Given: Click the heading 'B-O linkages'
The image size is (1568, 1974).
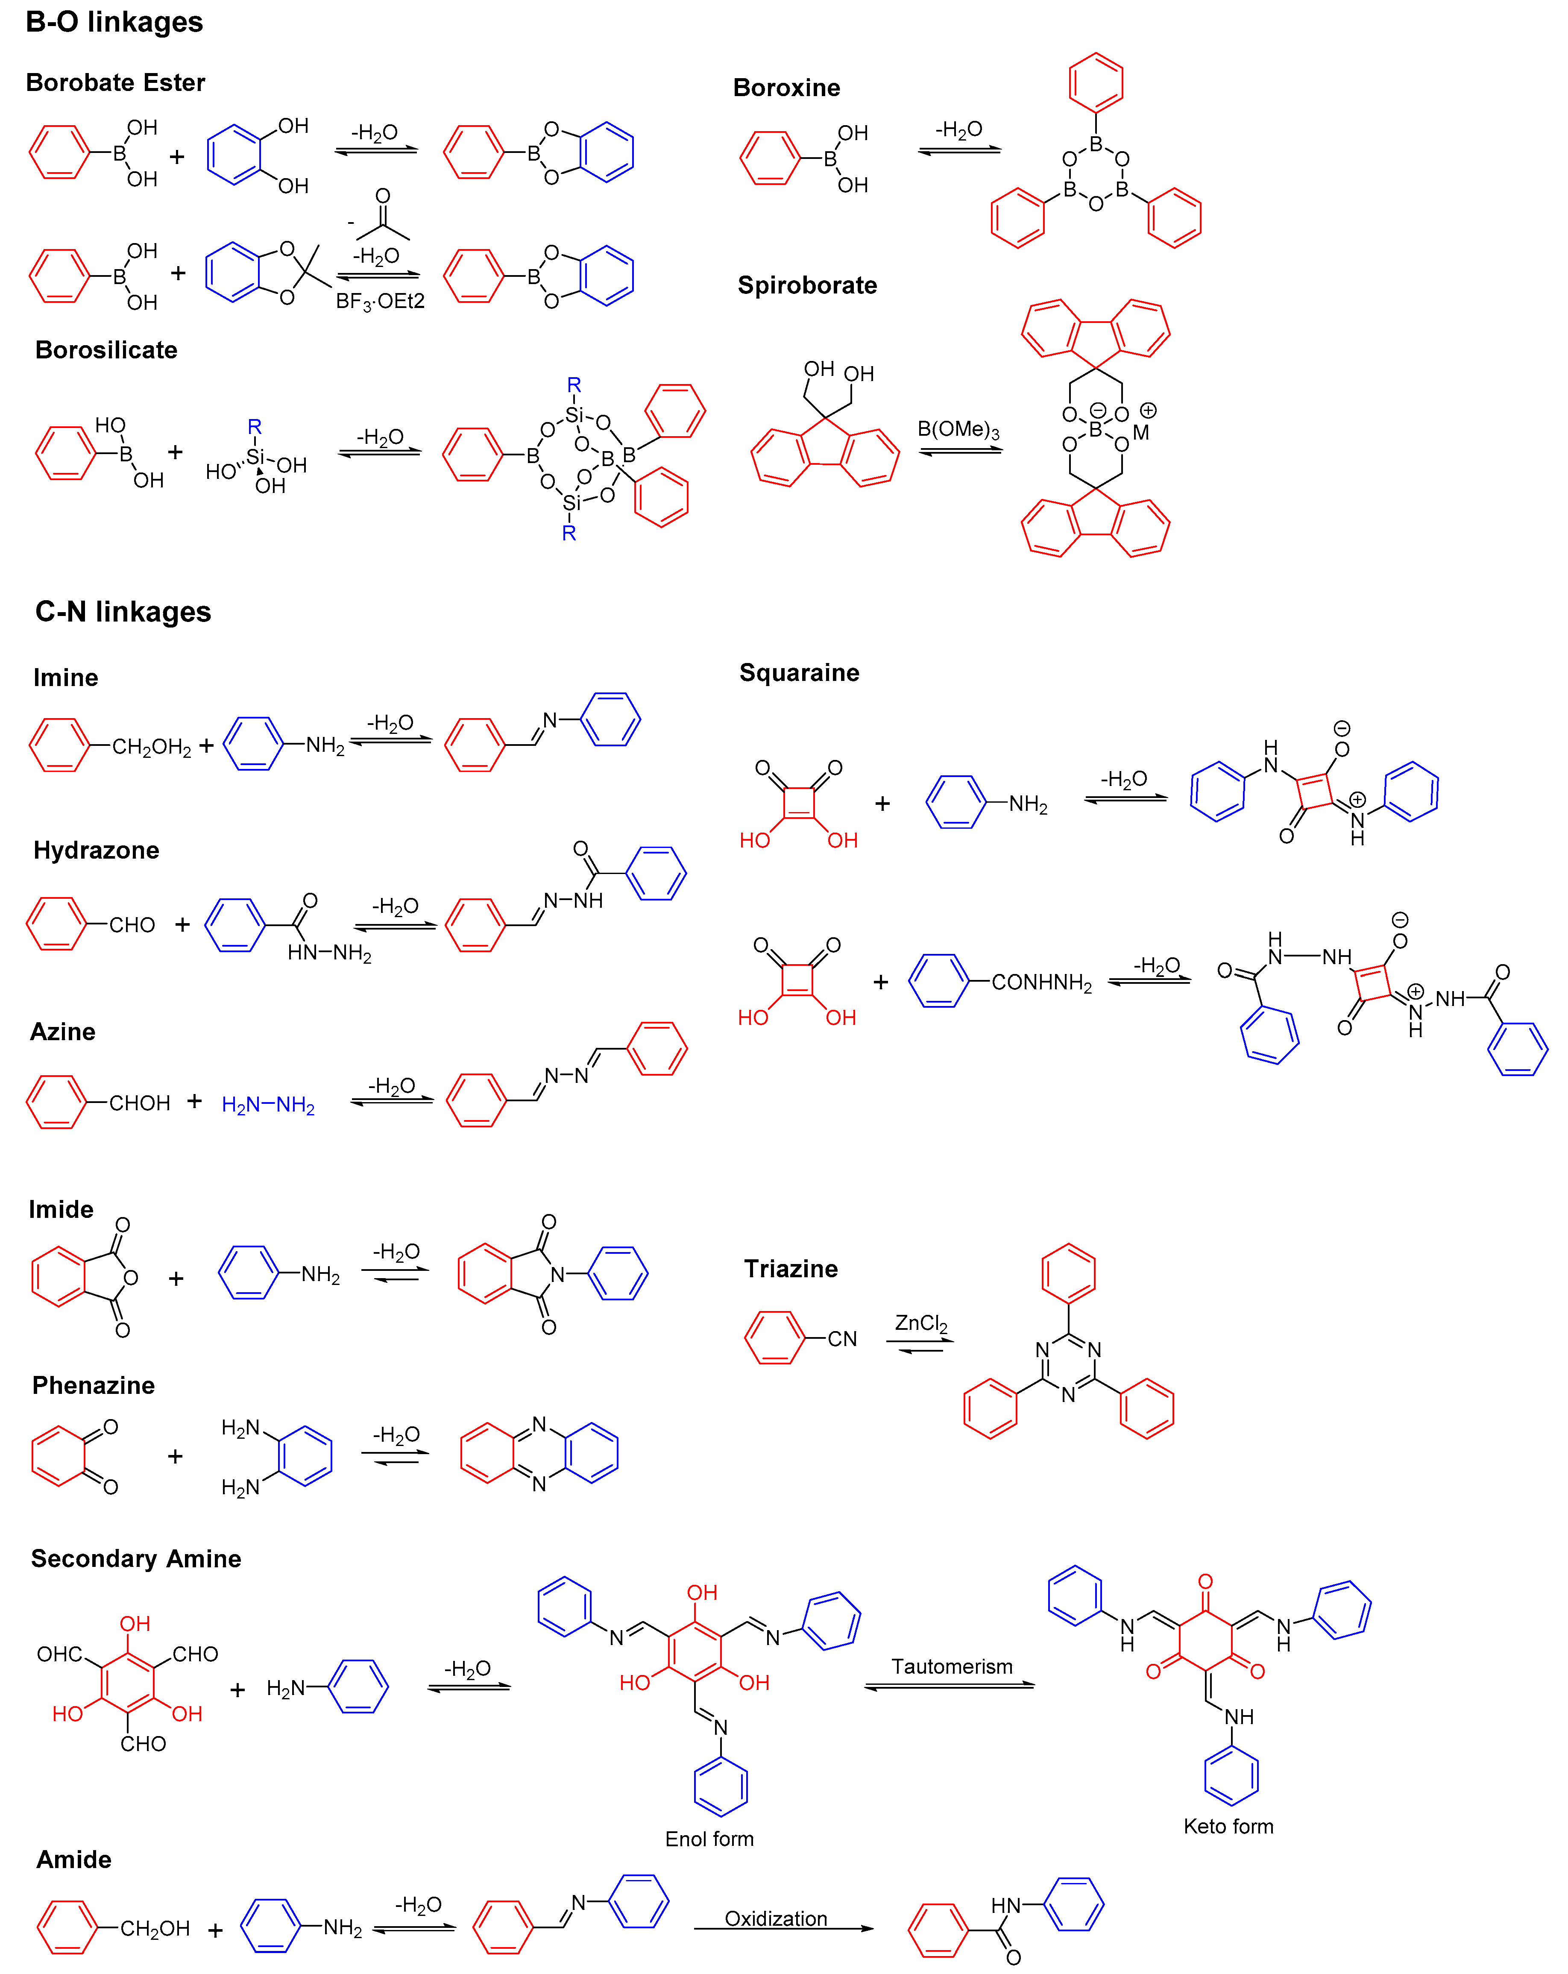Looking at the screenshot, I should tap(114, 22).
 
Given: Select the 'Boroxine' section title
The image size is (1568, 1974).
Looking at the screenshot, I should tap(786, 88).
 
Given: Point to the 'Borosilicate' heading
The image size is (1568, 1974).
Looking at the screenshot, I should tap(106, 350).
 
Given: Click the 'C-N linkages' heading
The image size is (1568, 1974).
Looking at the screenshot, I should tap(123, 612).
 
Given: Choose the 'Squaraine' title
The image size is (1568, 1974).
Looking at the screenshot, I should tap(799, 673).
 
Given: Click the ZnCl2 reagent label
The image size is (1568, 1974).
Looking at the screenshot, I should tap(921, 1323).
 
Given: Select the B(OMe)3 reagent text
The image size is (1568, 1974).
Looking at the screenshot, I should tap(958, 429).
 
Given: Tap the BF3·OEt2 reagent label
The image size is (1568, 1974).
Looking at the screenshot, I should tap(380, 301).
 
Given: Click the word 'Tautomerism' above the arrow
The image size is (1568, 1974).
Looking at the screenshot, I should tap(952, 1666).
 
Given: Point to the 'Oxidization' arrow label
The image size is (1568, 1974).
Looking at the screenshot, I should tap(776, 1918).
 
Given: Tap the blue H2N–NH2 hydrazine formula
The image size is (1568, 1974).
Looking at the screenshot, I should tap(268, 1105).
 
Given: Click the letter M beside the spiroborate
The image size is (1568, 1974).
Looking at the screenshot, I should tap(1140, 432).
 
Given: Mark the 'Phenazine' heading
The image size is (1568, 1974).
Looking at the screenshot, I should tap(94, 1385).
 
